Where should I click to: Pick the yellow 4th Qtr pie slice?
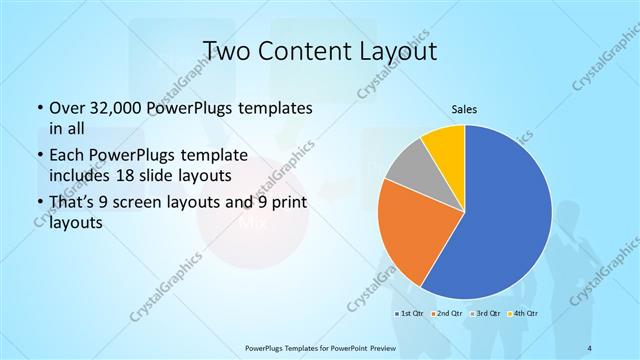(444, 147)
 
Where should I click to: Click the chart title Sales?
(463, 112)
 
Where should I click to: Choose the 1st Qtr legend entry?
(413, 315)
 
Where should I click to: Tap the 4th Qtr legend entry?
(526, 315)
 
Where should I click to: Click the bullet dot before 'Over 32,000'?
(38, 107)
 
